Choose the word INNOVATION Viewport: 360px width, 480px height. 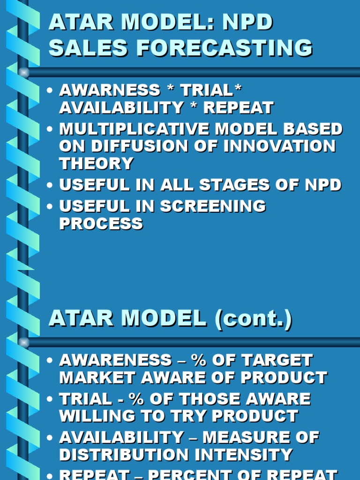[280, 146]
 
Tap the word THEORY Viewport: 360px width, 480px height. [96, 164]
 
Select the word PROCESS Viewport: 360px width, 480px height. [101, 224]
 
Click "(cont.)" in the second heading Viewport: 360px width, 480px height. [253, 319]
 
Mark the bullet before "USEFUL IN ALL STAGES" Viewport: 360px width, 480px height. [50, 185]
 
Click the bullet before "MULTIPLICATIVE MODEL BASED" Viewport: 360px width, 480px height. [50, 129]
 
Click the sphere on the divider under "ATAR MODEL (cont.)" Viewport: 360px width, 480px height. [24, 343]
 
